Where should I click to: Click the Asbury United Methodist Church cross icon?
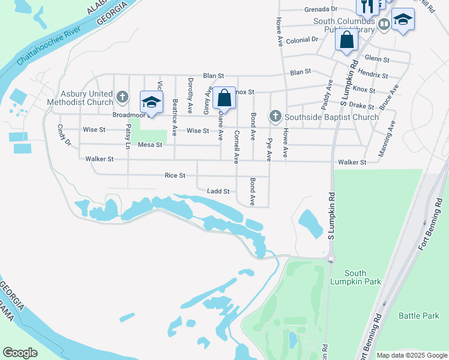point(122,96)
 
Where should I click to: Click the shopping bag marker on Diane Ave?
point(224,97)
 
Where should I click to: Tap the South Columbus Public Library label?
point(345,25)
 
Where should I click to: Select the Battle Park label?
point(419,315)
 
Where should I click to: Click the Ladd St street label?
point(218,191)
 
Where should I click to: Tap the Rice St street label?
point(175,175)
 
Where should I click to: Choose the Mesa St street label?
point(150,145)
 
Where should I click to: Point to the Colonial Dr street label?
point(302,40)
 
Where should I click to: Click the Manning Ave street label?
point(387,139)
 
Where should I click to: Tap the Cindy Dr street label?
point(64,135)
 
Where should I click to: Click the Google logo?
point(20,353)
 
